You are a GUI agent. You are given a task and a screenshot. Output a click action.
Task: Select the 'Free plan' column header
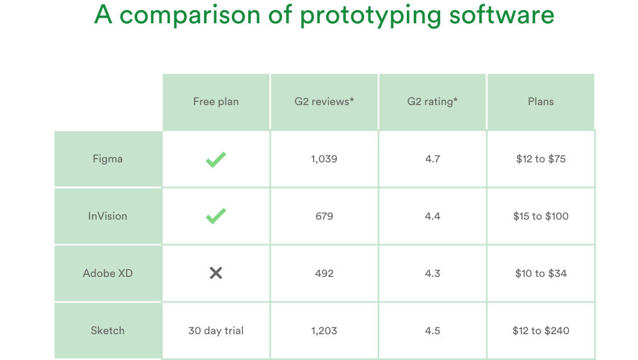[216, 101]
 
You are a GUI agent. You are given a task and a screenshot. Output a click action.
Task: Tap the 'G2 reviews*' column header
[324, 101]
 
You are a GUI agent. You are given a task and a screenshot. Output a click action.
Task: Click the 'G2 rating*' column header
[432, 101]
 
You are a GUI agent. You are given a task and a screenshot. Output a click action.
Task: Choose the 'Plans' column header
[540, 101]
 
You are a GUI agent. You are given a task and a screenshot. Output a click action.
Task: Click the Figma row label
[108, 159]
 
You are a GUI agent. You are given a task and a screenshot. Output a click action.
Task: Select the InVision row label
[108, 216]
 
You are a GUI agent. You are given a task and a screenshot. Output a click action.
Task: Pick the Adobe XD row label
[108, 273]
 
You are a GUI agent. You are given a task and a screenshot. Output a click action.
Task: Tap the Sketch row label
[108, 330]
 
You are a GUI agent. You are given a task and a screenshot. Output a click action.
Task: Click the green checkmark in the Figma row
[216, 160]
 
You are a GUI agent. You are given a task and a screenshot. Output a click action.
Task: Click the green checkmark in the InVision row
[216, 217]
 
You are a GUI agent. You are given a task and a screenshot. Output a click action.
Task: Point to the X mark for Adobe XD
[216, 273]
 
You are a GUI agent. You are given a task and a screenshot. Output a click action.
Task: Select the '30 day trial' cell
[216, 330]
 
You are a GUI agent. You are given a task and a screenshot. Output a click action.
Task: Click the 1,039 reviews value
[324, 159]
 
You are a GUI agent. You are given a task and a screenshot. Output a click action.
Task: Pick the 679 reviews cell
[324, 216]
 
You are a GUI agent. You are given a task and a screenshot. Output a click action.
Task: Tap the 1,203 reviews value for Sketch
[324, 330]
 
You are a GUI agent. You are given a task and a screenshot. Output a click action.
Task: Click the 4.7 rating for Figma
[432, 159]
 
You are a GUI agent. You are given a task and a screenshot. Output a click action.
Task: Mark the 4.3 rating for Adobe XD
[432, 273]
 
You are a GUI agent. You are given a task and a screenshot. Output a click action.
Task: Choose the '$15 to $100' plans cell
[540, 216]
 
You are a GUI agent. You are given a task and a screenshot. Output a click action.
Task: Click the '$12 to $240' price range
[540, 330]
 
